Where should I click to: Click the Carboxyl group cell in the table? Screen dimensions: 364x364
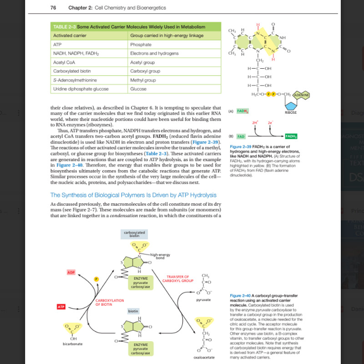pos(145,71)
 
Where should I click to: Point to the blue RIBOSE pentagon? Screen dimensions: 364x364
pos(291,106)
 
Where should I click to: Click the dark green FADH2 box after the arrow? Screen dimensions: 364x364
pos(291,136)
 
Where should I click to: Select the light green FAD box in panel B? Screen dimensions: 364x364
pos(241,136)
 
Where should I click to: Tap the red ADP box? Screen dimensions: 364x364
pos(71,272)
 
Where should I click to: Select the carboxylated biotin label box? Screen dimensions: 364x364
pos(134,234)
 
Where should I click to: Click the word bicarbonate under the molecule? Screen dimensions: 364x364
pos(73,344)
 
